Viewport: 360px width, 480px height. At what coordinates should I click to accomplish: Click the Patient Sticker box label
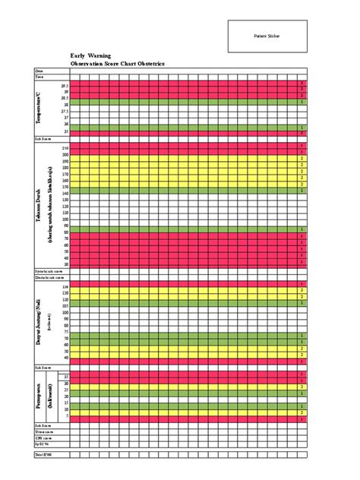pos(267,36)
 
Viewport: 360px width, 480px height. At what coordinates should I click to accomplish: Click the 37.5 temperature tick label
pos(65,111)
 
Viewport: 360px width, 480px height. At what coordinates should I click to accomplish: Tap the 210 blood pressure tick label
pos(65,147)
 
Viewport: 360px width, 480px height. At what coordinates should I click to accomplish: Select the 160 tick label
pos(65,180)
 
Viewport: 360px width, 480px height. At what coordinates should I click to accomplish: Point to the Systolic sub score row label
pos(46,270)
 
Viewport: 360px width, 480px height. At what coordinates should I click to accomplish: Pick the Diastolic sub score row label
pos(46,278)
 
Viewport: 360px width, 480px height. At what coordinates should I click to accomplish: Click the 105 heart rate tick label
pos(65,306)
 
